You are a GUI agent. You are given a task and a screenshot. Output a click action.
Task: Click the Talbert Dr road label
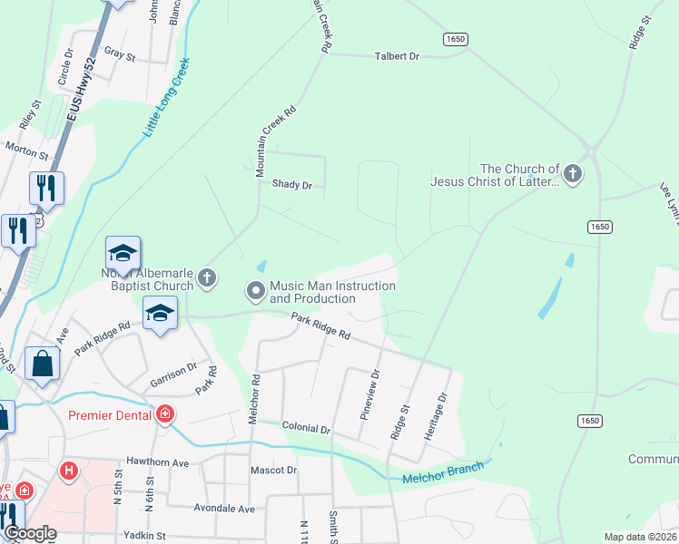click(397, 56)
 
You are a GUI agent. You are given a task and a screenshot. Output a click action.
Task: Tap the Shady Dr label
click(291, 185)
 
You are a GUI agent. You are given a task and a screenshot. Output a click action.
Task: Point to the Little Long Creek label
click(165, 97)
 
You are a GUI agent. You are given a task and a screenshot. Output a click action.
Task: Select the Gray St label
click(120, 55)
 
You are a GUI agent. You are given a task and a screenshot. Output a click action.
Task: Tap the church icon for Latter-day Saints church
click(572, 173)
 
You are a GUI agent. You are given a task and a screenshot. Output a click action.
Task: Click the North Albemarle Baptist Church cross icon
click(207, 278)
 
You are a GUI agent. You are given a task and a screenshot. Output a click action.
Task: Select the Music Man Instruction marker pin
click(256, 291)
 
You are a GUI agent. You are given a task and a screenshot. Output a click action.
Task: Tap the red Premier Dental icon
click(165, 415)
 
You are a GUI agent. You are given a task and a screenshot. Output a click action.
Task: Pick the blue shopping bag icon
click(42, 364)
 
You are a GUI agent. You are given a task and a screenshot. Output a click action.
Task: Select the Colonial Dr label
click(306, 428)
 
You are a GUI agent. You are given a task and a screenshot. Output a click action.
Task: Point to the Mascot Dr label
click(273, 471)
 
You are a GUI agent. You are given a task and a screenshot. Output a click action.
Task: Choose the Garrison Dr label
click(172, 374)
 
